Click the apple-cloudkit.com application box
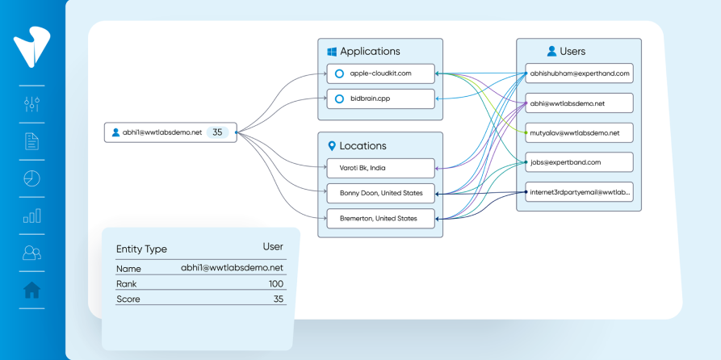[x=381, y=73]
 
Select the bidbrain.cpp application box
[x=381, y=98]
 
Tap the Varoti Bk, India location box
[x=381, y=168]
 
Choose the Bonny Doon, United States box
[x=381, y=193]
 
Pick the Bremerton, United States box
[x=381, y=219]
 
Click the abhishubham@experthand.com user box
[x=580, y=73]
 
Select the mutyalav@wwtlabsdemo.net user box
[x=580, y=133]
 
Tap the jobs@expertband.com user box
[x=580, y=162]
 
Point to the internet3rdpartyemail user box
[x=580, y=192]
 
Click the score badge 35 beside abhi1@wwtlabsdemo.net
[x=217, y=132]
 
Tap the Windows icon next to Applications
[x=331, y=52]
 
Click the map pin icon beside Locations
[x=331, y=146]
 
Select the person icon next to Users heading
[x=551, y=51]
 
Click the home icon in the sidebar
[x=31, y=290]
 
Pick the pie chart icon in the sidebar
[x=31, y=178]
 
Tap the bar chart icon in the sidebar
[x=31, y=216]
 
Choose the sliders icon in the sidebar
[x=31, y=104]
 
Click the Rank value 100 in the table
[x=276, y=283]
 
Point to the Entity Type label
[x=141, y=249]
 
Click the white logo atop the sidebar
[x=31, y=47]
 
